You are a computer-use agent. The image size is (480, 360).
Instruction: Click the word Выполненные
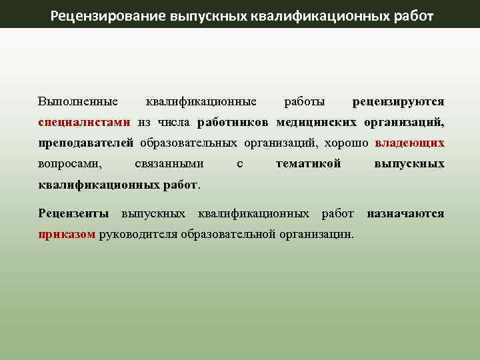point(78,102)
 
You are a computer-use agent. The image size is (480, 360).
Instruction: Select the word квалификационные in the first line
point(201,102)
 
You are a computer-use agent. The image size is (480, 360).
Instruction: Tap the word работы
point(305,102)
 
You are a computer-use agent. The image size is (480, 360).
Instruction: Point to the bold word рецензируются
point(398,102)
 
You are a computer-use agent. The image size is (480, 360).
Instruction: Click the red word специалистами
point(85,123)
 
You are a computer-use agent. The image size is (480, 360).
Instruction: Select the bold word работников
point(233,123)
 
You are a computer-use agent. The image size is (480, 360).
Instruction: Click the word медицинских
point(317,123)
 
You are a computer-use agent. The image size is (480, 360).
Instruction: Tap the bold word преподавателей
point(86,143)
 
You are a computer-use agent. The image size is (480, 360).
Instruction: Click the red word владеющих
point(409,143)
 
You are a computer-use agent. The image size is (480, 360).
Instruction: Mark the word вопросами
point(70,164)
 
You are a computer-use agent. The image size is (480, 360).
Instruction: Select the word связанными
point(169,164)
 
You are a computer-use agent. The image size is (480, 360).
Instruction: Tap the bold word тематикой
point(309,164)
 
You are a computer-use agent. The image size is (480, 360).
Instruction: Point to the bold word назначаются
point(405,214)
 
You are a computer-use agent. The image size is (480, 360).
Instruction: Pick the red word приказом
point(67,235)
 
